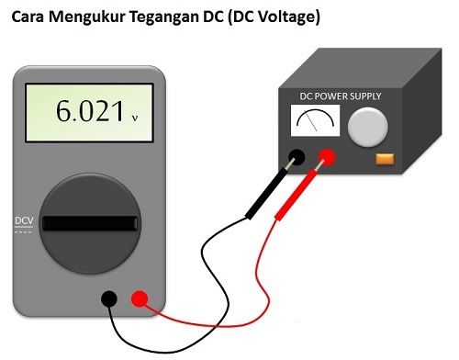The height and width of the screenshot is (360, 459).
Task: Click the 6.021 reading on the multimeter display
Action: click(89, 112)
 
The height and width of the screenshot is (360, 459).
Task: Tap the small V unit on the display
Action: click(135, 118)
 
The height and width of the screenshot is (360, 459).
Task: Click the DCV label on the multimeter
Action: click(24, 220)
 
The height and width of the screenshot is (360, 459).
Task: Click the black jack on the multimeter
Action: click(109, 298)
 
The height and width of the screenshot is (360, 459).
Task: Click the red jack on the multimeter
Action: click(140, 298)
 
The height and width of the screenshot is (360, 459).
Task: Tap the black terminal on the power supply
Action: click(297, 157)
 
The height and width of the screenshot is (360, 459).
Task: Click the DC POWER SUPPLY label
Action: click(341, 96)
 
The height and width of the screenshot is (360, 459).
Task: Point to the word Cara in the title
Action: click(29, 16)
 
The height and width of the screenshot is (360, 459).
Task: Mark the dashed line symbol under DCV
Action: click(24, 231)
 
